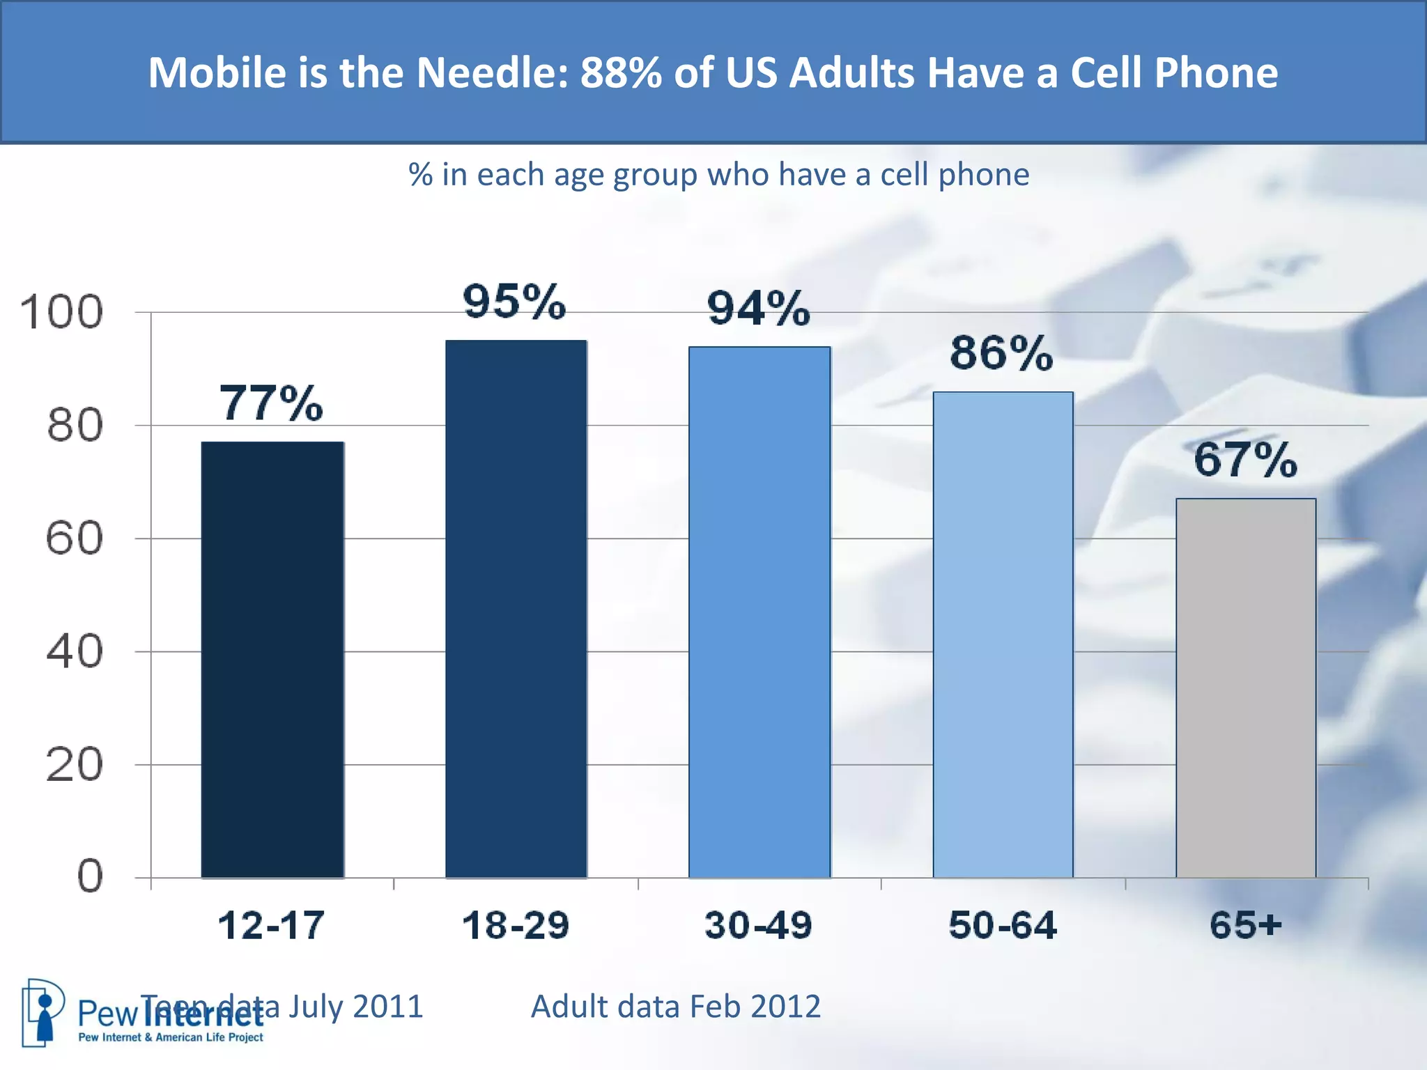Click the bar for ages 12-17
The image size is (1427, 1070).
[272, 660]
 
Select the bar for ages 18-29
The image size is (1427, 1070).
[516, 609]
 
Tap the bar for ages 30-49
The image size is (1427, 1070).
[759, 612]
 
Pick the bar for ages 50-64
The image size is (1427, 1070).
[1003, 635]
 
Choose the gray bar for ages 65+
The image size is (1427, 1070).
[1246, 688]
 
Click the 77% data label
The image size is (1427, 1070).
[272, 403]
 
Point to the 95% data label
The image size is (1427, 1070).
[515, 302]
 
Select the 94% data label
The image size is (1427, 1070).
[759, 309]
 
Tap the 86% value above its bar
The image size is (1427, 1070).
[1002, 353]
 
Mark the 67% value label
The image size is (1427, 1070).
[1246, 460]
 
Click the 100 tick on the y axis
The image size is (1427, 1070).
[61, 312]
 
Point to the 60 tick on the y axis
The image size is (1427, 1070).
[74, 538]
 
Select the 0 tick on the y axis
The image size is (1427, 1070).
[90, 876]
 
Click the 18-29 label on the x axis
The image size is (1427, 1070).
[516, 926]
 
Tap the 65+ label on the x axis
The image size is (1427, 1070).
[1246, 926]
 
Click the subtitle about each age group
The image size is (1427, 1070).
[718, 174]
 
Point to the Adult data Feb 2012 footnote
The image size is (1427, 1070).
[676, 1007]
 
